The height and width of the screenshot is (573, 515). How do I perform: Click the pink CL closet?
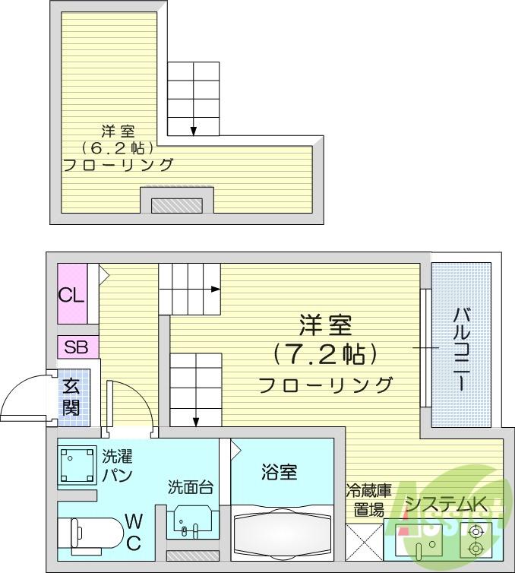click(72, 293)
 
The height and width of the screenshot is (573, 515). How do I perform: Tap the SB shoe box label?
click(76, 347)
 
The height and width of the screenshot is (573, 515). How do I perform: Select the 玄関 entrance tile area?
click(74, 397)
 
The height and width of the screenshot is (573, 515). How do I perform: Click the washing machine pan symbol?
click(77, 465)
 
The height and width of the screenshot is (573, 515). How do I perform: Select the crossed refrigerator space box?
click(364, 543)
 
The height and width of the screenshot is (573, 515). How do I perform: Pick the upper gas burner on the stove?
click(476, 531)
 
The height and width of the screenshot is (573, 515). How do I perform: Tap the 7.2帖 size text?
click(324, 354)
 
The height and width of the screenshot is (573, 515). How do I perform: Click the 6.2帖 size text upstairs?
click(117, 148)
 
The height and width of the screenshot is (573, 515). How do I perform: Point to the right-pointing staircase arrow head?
click(216, 290)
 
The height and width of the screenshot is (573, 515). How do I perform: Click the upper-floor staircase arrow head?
click(193, 131)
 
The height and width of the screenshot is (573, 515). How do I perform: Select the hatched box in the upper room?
click(177, 206)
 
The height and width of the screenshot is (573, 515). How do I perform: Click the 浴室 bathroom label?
click(279, 472)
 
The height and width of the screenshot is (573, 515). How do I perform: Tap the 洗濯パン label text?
click(117, 466)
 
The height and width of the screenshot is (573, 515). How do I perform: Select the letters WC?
click(134, 532)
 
